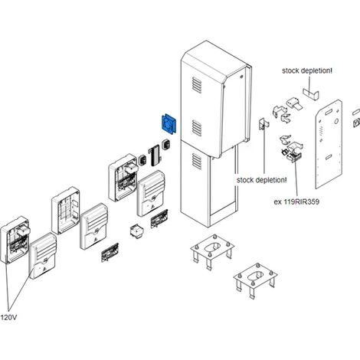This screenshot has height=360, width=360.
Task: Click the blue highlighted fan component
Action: pos(169,124)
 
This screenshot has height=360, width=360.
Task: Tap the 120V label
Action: pos(8,317)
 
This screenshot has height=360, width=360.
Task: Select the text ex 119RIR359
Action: pos(296,201)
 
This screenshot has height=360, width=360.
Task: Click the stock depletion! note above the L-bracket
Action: pos(307,70)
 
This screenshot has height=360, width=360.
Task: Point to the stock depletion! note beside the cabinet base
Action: pos(262,180)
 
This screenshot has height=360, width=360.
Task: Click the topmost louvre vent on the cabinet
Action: pos(197,85)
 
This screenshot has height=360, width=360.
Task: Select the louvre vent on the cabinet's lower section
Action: pos(197,162)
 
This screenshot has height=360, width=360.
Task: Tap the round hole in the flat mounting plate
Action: pos(336,121)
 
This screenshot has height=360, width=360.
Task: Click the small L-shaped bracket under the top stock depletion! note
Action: pos(311,94)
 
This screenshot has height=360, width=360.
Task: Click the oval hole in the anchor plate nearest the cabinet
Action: pos(212,247)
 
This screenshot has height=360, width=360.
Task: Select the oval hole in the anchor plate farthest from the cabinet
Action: pos(256,276)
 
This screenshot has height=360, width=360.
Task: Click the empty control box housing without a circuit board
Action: pos(66,211)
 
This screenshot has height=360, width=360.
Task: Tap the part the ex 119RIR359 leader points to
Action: pos(293,156)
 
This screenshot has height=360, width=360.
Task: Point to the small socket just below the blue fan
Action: pos(166,145)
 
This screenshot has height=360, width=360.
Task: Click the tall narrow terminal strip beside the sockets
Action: pos(155,155)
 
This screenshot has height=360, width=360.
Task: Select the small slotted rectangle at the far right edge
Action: pos(356,112)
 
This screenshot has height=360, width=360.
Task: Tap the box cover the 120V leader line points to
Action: pos(43,256)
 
